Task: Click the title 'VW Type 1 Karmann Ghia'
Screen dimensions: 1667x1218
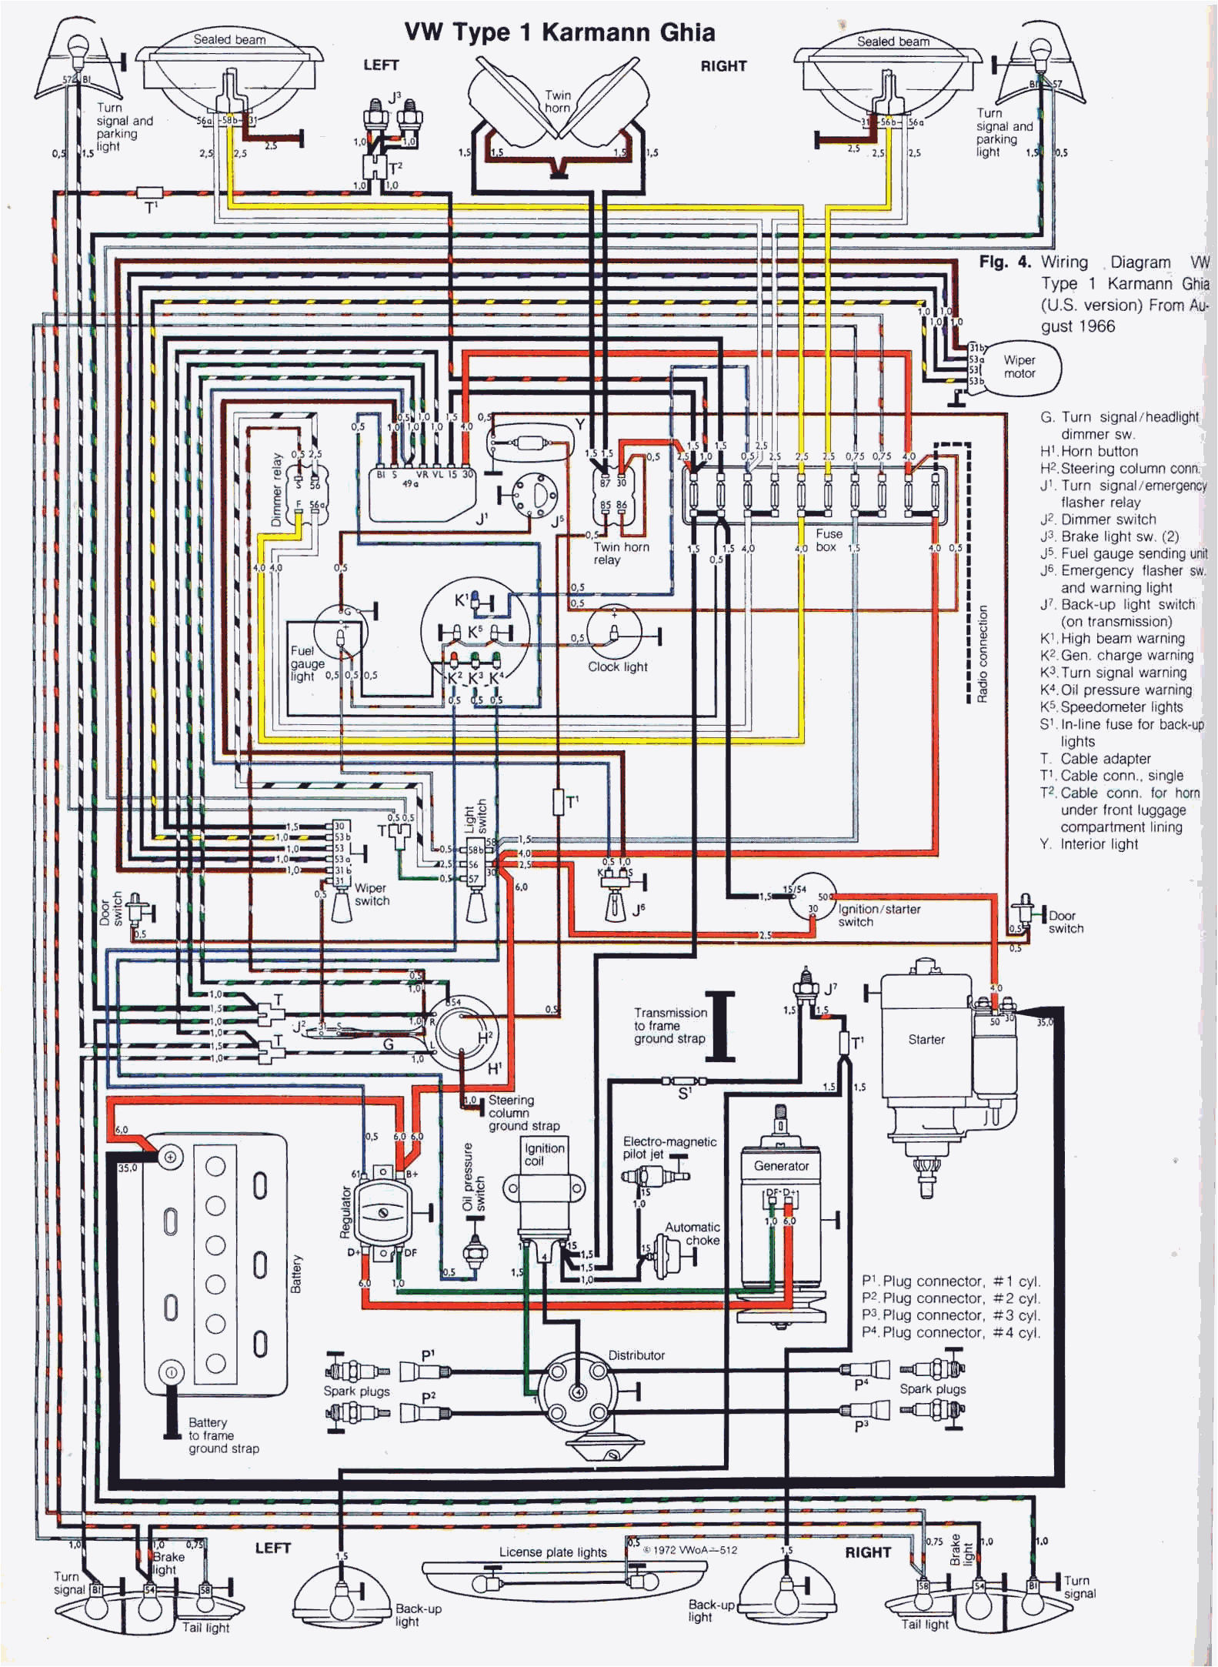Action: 559,32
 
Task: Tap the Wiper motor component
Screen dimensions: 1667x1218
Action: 1019,367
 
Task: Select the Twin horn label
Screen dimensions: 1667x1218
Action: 558,102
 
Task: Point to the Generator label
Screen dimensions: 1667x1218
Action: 781,1165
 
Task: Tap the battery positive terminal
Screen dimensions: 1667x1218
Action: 170,1157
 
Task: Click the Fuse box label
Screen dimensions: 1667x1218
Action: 828,540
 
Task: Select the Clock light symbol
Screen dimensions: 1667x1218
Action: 614,630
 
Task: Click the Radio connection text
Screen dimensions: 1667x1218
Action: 982,654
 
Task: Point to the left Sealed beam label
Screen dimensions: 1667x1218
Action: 229,39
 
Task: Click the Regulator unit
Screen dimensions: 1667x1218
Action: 382,1212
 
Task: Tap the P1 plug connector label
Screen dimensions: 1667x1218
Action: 428,1355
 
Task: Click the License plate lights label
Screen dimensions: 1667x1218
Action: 552,1552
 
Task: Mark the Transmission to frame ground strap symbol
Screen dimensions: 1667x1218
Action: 720,1026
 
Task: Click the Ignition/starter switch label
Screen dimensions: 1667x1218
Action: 879,915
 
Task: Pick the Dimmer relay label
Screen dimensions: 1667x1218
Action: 277,489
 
